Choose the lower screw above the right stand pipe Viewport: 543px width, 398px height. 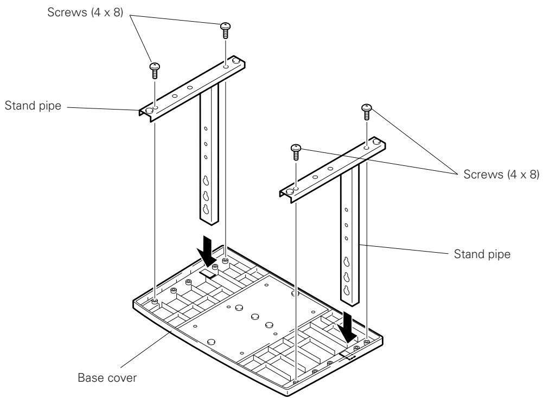click(x=296, y=151)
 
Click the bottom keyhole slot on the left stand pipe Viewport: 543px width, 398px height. click(x=206, y=209)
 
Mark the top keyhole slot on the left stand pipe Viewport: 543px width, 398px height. click(x=206, y=181)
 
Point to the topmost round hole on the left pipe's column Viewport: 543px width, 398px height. click(x=206, y=129)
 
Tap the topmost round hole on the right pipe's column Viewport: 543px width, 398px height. click(x=347, y=209)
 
